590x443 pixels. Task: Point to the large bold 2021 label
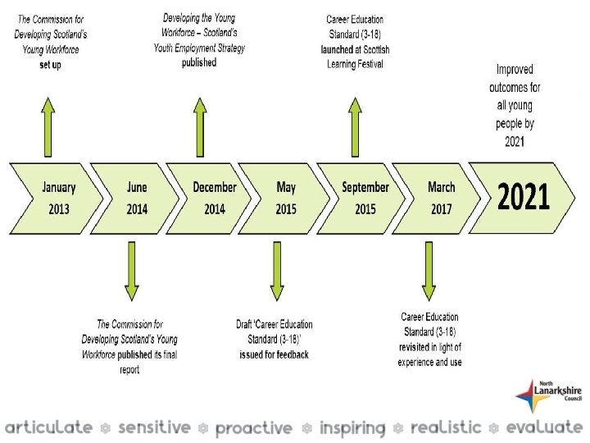click(x=524, y=198)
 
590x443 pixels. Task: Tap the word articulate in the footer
click(x=49, y=427)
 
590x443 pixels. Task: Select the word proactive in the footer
click(x=253, y=428)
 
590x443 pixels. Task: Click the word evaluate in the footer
click(x=544, y=427)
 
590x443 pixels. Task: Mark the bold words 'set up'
click(x=50, y=65)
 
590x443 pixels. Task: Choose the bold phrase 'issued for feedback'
click(x=274, y=355)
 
